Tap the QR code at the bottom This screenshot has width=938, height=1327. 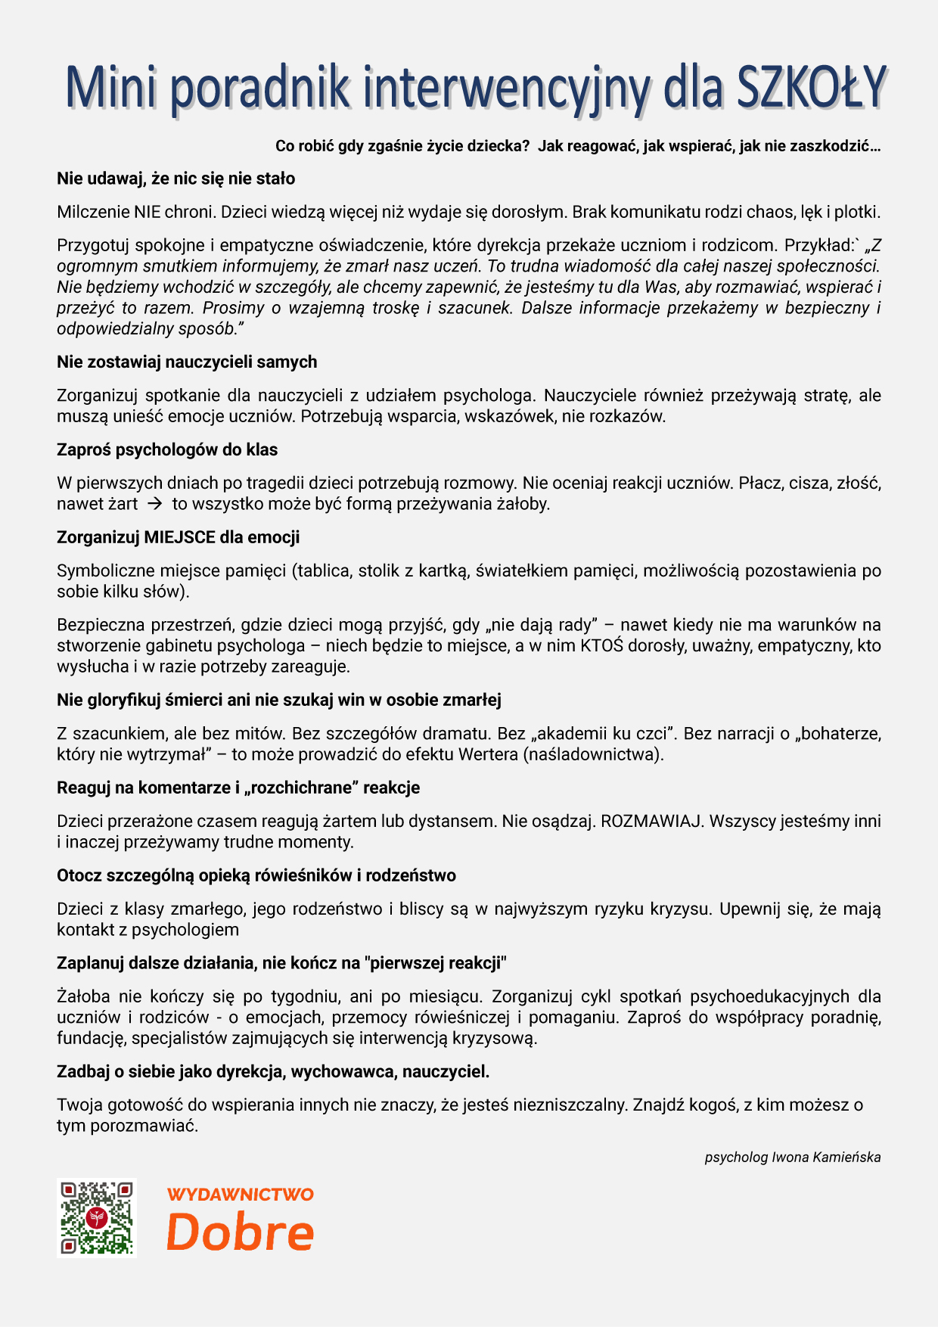[96, 1217]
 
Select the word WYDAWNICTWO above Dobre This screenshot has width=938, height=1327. [240, 1195]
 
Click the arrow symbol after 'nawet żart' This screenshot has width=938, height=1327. [155, 504]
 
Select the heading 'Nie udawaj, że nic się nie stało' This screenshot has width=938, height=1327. [175, 179]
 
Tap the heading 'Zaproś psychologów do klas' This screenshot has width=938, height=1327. [167, 449]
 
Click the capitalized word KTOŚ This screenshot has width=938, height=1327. [601, 645]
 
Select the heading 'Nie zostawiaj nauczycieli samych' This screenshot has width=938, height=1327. [187, 362]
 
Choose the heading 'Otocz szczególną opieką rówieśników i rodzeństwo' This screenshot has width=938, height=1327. [256, 875]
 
